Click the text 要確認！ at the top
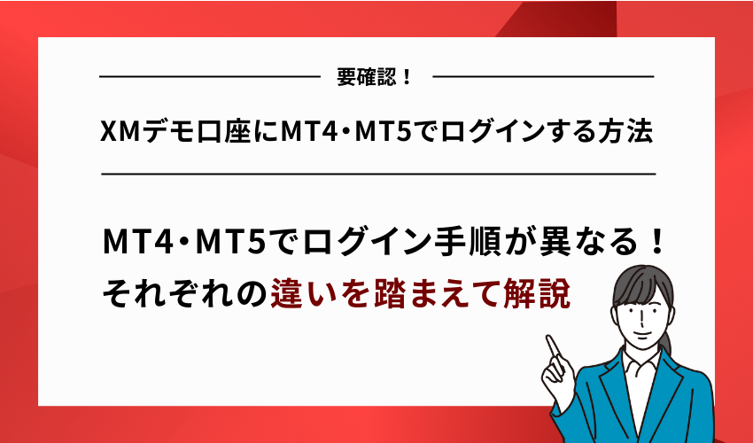tap(376, 77)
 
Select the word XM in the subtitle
tap(116, 133)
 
